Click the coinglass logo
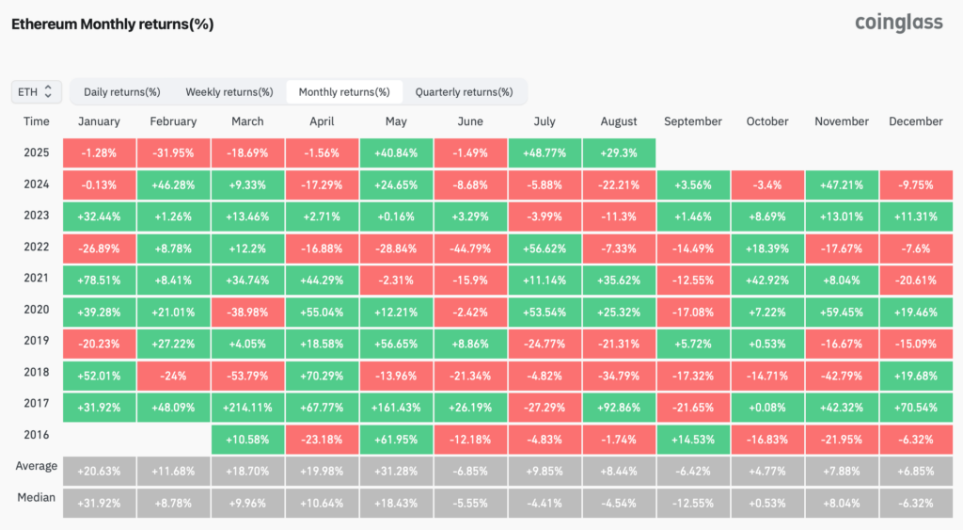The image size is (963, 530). (898, 23)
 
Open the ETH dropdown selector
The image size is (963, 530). (37, 91)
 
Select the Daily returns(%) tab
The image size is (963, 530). (121, 91)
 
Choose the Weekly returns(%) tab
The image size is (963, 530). (229, 91)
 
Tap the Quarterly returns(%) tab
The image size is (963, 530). (464, 91)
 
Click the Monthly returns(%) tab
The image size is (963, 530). (344, 91)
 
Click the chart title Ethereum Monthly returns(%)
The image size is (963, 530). (112, 24)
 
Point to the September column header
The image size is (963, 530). (692, 121)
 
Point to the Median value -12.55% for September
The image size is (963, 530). (692, 504)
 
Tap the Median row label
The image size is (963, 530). (37, 498)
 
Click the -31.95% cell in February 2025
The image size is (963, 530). (173, 153)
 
